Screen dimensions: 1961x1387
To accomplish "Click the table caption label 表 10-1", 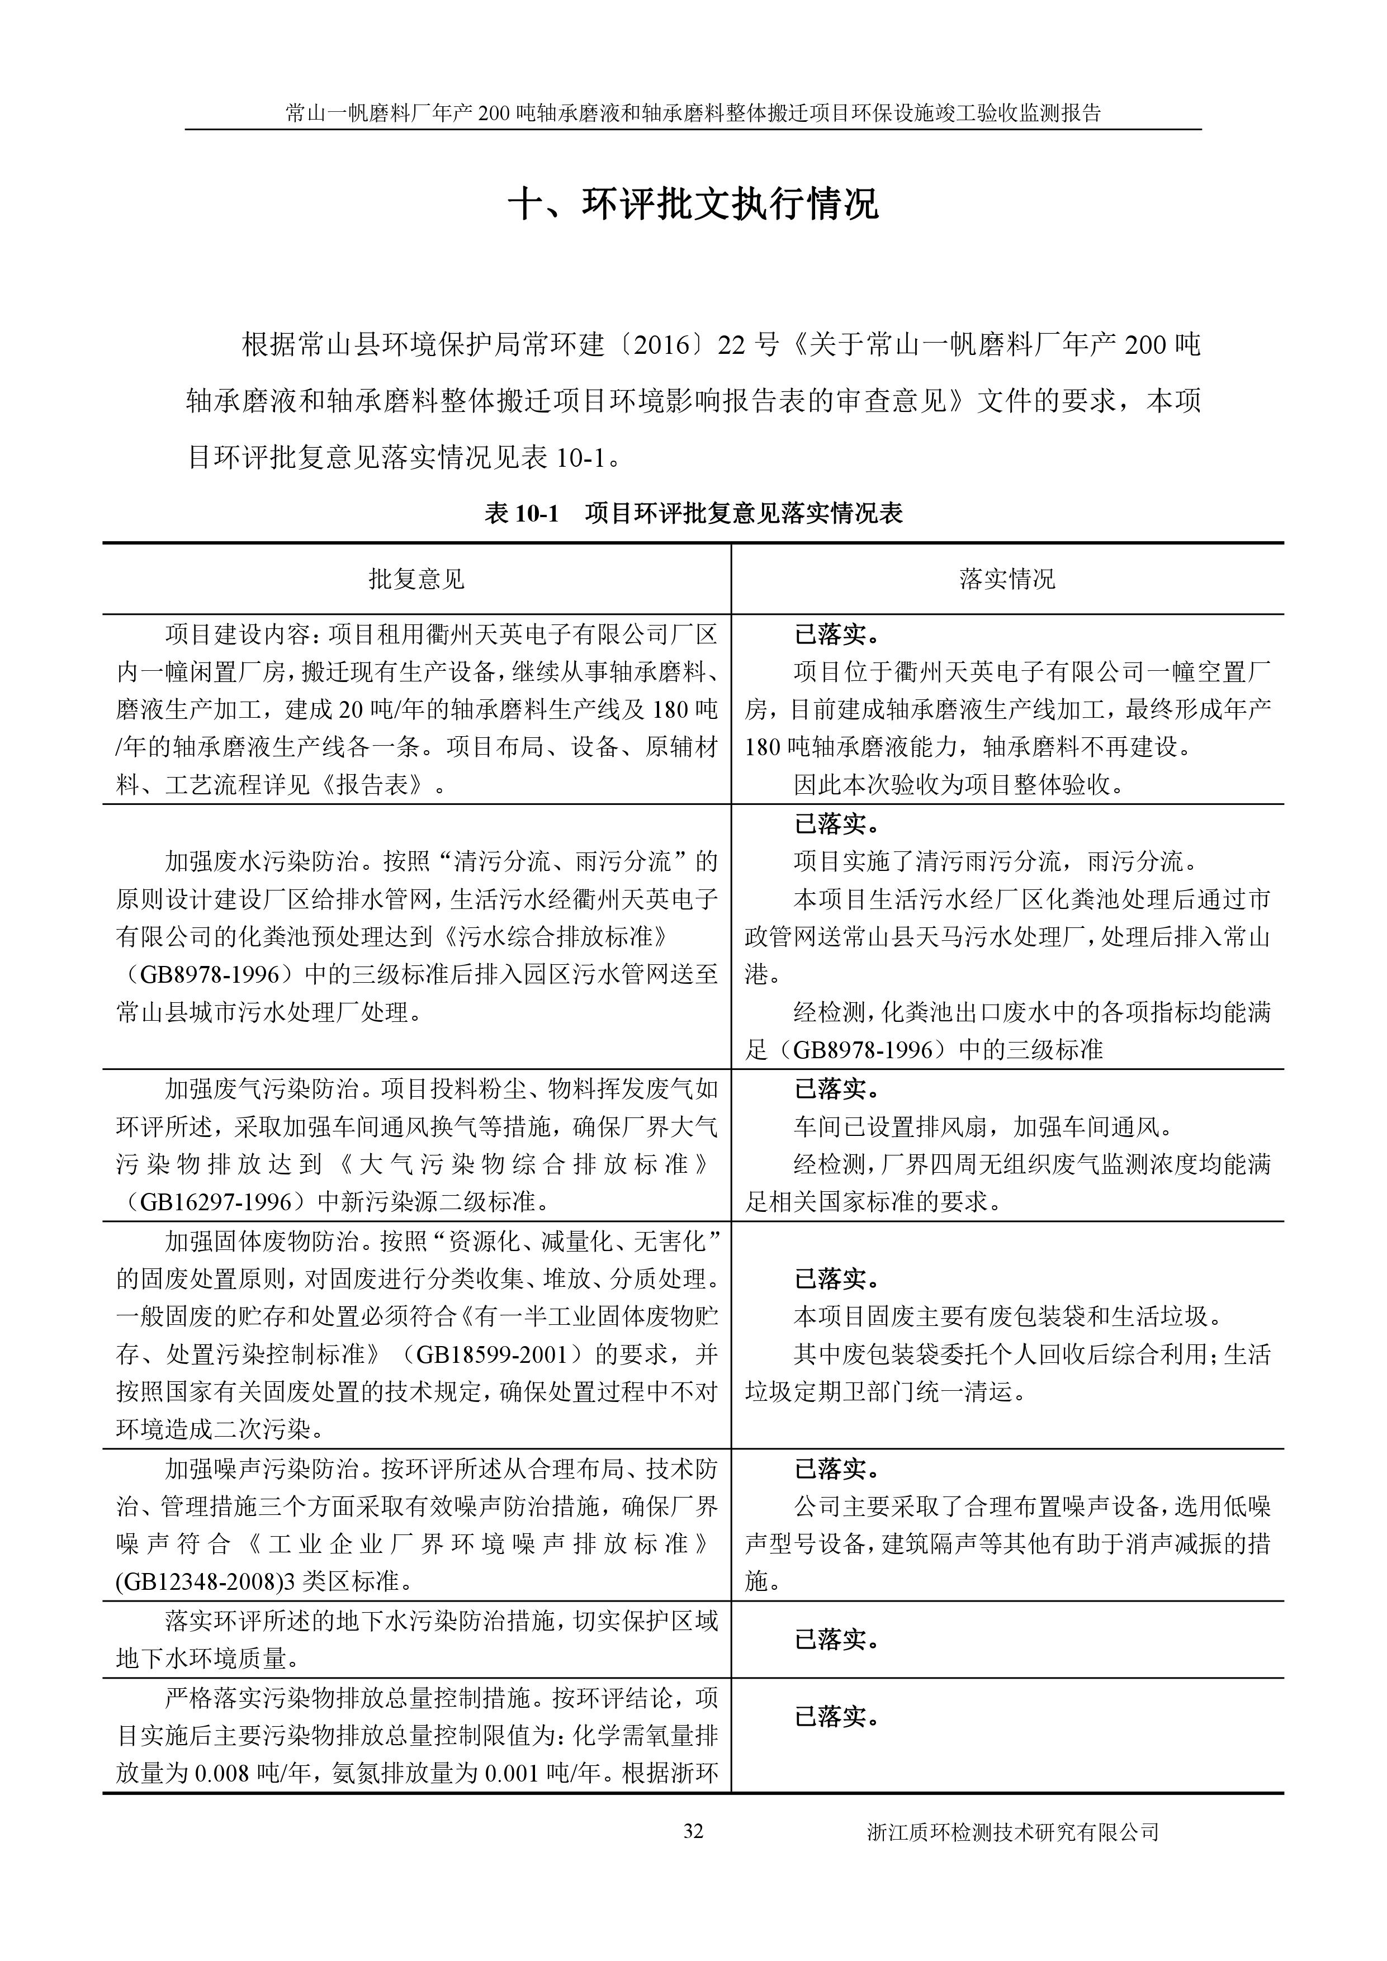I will (x=521, y=513).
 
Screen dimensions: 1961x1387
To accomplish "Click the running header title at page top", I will (x=693, y=113).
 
